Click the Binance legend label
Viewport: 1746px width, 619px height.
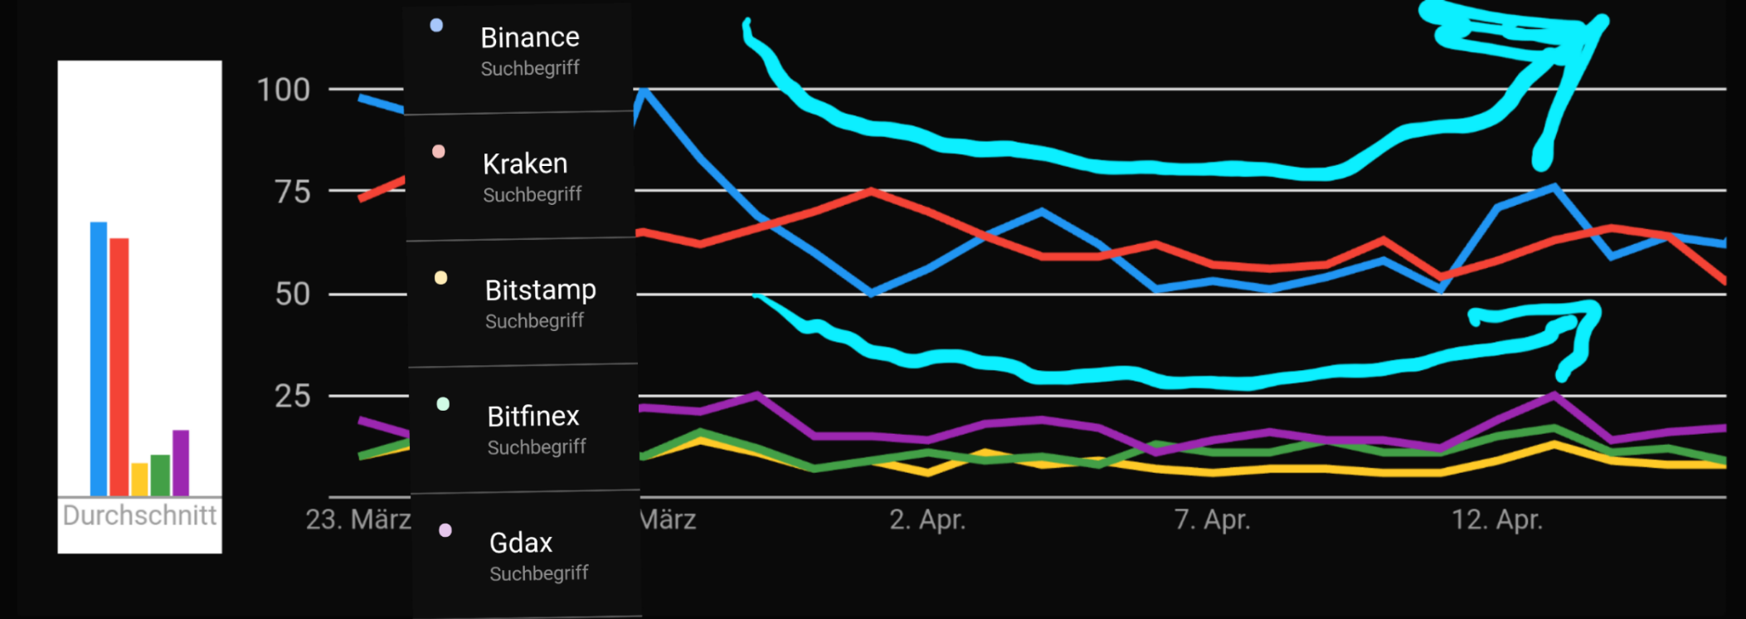point(529,38)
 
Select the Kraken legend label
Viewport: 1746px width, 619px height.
point(525,164)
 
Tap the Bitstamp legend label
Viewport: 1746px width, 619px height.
point(540,290)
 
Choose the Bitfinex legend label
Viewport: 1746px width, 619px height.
point(533,417)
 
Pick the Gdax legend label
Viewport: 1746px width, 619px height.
point(520,543)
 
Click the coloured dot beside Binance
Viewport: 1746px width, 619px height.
point(436,26)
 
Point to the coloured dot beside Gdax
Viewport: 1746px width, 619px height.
point(445,530)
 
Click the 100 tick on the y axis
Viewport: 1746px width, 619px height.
point(283,90)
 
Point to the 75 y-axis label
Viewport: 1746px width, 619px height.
point(292,193)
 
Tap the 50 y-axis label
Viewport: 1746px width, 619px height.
point(292,295)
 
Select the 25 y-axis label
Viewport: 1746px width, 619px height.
point(292,397)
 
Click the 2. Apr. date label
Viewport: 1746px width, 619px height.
point(927,520)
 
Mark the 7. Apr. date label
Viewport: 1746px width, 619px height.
point(1212,520)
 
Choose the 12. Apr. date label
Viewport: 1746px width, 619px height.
point(1496,520)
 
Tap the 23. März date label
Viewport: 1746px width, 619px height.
point(357,520)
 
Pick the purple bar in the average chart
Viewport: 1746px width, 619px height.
point(181,462)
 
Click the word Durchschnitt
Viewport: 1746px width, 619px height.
point(139,515)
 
